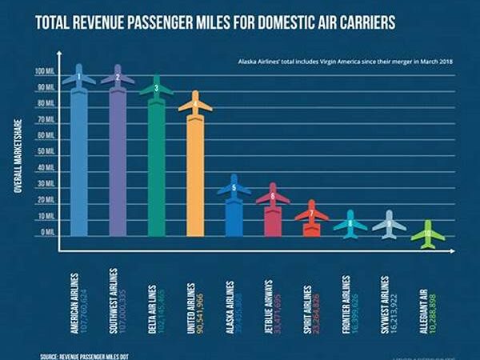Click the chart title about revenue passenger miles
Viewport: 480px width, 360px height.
(216, 21)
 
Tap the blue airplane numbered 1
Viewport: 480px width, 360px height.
(78, 78)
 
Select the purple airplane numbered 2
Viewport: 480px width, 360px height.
(118, 78)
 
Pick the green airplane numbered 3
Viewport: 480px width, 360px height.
(157, 88)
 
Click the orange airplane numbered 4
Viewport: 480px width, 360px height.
(195, 104)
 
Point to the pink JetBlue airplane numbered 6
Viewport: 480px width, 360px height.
(273, 196)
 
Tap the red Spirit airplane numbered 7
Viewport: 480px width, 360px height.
(311, 214)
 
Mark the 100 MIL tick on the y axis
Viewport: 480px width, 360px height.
(45, 72)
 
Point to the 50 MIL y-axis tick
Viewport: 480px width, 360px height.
(46, 152)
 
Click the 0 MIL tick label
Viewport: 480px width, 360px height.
(46, 232)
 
